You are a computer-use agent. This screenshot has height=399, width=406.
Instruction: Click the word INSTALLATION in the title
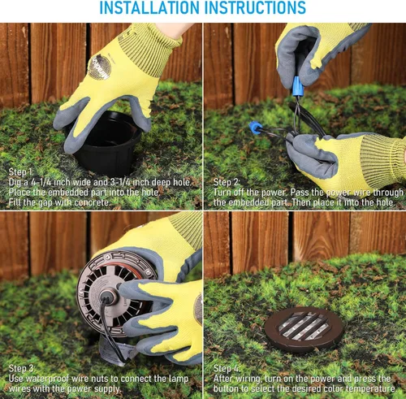[x=150, y=7]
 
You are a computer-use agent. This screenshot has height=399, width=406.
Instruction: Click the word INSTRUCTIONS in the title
[x=256, y=7]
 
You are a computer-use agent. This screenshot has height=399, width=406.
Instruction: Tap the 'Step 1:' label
[x=21, y=172]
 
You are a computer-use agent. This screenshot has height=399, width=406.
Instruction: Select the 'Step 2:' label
[x=227, y=182]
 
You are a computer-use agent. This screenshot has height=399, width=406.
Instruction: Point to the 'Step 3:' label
[x=22, y=368]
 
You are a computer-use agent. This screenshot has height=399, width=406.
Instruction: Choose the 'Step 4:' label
[x=227, y=368]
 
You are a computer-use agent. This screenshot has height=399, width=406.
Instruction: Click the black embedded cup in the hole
[x=107, y=144]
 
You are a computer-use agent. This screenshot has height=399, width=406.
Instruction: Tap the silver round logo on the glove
[x=99, y=67]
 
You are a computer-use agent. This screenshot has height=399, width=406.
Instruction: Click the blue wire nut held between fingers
[x=298, y=86]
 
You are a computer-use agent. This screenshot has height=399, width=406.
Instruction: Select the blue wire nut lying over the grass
[x=255, y=128]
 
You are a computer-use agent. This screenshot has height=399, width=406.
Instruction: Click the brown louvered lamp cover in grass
[x=304, y=330]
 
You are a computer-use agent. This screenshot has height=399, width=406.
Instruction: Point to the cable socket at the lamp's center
[x=109, y=297]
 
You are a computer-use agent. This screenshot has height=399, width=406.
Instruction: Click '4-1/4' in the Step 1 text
[x=41, y=182]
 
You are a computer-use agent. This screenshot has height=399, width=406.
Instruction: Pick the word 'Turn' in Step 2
[x=222, y=193]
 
